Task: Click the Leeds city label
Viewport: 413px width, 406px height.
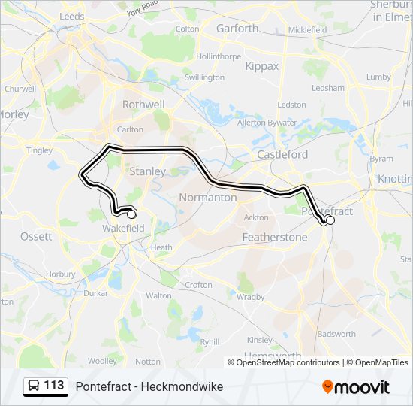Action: coord(71,15)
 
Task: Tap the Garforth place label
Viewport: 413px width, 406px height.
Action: coord(237,29)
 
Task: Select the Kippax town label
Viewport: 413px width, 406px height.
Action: coord(261,66)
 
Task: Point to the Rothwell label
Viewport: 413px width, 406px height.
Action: coord(143,105)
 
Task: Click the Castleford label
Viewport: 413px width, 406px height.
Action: coord(282,154)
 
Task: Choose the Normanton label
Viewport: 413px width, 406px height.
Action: coord(208,198)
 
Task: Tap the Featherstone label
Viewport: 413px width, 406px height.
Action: coord(275,237)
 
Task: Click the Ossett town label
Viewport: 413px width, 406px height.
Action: coord(36,236)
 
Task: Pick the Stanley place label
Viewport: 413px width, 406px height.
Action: coord(148,171)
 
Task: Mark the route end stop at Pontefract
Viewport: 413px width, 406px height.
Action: coord(330,220)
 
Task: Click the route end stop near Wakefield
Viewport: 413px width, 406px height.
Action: coord(132,214)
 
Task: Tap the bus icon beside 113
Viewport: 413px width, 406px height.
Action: coord(34,386)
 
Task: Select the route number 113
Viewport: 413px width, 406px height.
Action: coord(54,386)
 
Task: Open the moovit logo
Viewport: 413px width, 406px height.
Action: coord(356,387)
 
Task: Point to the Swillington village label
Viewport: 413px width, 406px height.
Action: coord(204,77)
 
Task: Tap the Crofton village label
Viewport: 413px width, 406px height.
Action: coord(198,285)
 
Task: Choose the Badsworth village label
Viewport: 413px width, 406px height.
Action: coord(336,334)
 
